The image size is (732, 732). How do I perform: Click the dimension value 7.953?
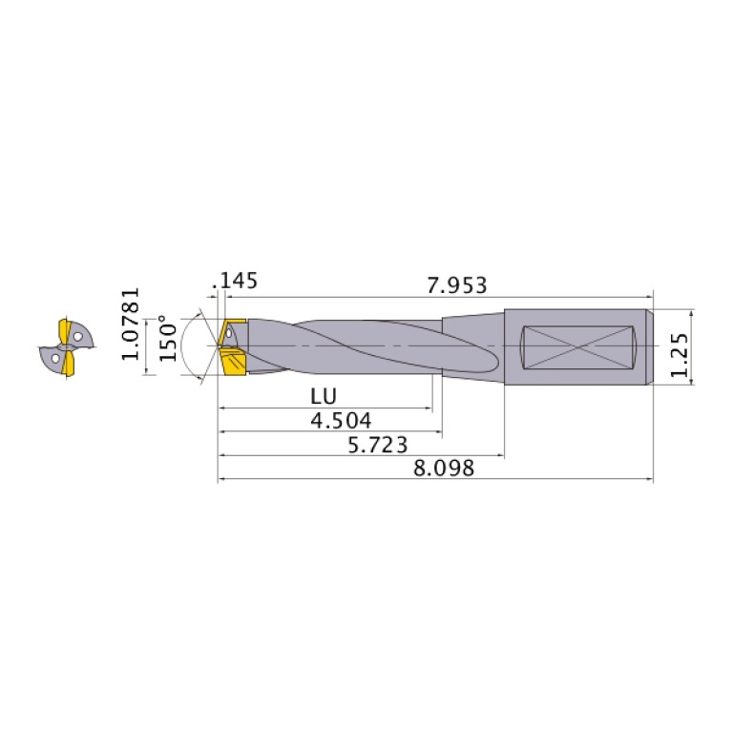457,285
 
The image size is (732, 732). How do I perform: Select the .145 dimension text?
238,281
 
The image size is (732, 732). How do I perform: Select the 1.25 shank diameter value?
680,345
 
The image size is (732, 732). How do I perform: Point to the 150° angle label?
168,338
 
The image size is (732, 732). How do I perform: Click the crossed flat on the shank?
580,345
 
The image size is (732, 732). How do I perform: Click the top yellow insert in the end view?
66,329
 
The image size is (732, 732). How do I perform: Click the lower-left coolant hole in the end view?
55,360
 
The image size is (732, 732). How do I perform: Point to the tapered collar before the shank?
473,345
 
